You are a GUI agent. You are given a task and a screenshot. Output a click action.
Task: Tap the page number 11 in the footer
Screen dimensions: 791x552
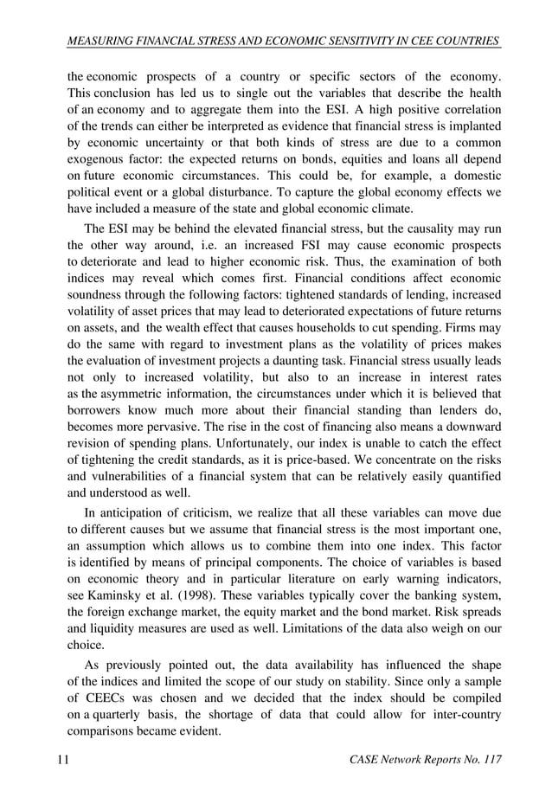click(62, 760)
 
